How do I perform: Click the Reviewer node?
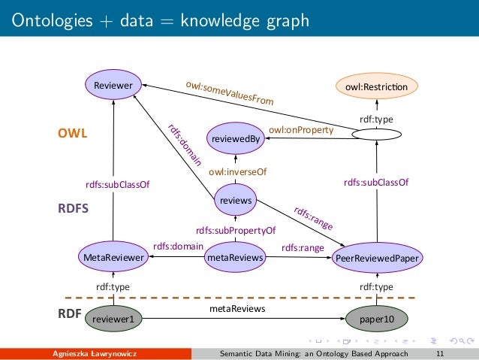click(113, 86)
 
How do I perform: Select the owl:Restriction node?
click(376, 87)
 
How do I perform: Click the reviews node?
click(235, 200)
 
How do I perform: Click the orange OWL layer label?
click(73, 134)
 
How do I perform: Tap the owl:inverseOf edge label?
click(237, 172)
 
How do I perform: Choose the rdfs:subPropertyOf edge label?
click(236, 231)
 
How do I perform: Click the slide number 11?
click(439, 353)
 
